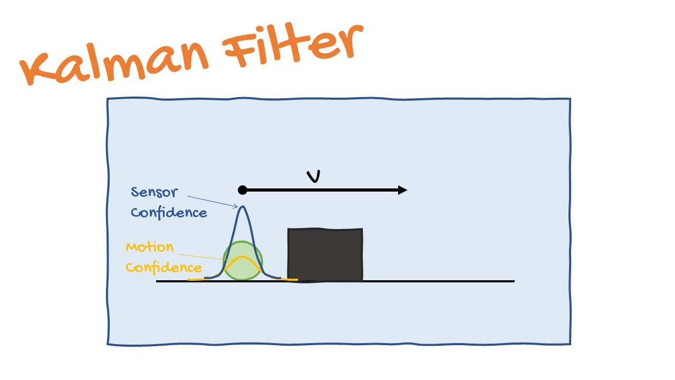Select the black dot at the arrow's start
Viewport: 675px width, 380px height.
(242, 190)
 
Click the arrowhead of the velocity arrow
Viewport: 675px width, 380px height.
(403, 190)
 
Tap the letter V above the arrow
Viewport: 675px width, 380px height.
(314, 176)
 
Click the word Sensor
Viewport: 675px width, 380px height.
(154, 192)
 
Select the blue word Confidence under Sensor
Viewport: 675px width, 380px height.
(169, 213)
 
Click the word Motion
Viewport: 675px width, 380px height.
(149, 247)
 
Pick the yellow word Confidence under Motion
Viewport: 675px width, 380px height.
(163, 268)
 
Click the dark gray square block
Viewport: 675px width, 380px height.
(325, 255)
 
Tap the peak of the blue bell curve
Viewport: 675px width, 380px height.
(243, 207)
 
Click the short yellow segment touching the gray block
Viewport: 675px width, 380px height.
(290, 279)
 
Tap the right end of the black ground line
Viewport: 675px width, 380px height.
(513, 281)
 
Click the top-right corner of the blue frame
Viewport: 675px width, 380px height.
(570, 99)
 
